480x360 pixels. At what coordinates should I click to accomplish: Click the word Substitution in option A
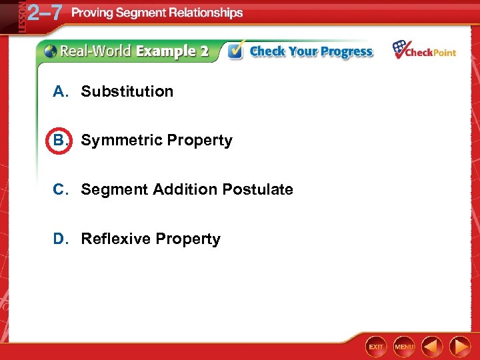pyautogui.click(x=127, y=91)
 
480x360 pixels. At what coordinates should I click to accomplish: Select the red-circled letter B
pyautogui.click(x=59, y=140)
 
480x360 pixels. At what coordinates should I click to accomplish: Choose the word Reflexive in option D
pyautogui.click(x=112, y=239)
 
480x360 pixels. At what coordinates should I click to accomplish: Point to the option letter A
pyautogui.click(x=60, y=91)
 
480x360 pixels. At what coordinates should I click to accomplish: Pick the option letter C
pyautogui.click(x=60, y=189)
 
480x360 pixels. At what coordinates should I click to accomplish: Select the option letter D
pyautogui.click(x=60, y=239)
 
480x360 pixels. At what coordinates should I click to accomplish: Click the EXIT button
pyautogui.click(x=377, y=347)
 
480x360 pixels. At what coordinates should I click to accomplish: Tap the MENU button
pyautogui.click(x=404, y=347)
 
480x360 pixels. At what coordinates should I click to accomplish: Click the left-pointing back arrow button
pyautogui.click(x=433, y=347)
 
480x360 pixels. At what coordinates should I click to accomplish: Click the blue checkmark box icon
pyautogui.click(x=235, y=51)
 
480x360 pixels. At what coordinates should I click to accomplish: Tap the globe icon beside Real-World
pyautogui.click(x=50, y=51)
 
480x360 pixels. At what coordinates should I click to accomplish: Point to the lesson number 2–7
pyautogui.click(x=45, y=13)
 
